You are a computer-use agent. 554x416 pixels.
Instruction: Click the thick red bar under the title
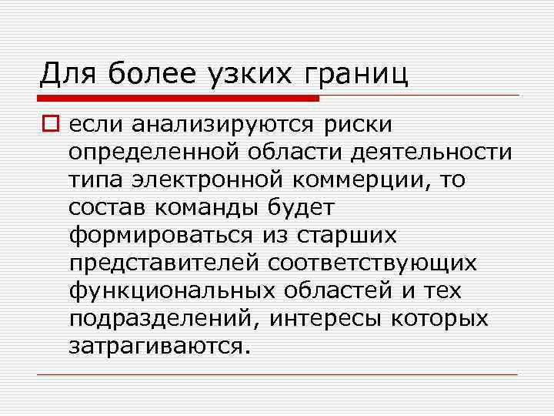178,98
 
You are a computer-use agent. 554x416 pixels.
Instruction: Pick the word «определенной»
155,153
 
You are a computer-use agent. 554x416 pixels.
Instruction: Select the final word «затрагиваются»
159,346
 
